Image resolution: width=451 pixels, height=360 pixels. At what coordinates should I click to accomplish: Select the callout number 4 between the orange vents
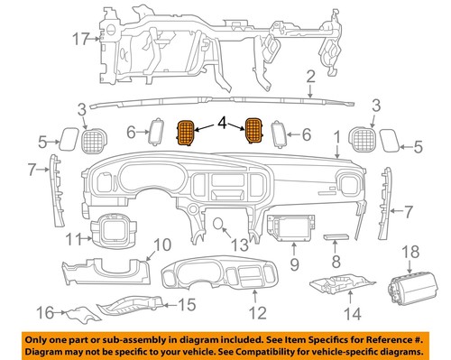(217, 121)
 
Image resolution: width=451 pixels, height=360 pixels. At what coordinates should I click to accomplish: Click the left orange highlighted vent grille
(187, 133)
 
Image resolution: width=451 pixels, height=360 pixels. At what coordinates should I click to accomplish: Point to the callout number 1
(337, 139)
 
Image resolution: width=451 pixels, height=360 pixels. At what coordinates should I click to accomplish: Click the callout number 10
(160, 244)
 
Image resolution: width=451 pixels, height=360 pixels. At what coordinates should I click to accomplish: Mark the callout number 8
(335, 262)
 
